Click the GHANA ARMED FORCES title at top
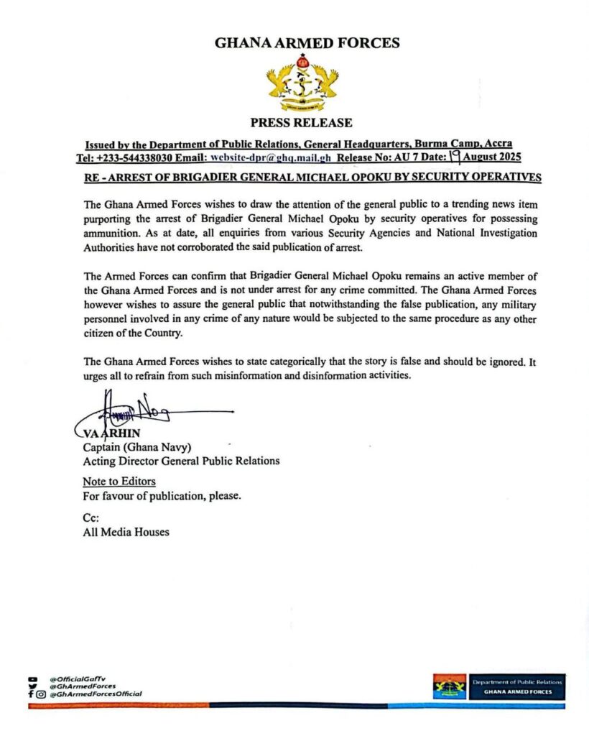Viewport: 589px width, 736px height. pos(307,43)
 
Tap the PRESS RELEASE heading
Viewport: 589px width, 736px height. pos(301,123)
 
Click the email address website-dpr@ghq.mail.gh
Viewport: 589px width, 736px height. pos(270,157)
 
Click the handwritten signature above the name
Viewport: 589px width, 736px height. pos(136,412)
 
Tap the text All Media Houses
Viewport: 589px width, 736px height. pos(126,532)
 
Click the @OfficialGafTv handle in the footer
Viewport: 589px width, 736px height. pos(76,678)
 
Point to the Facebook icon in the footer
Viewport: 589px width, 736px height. pos(30,694)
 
